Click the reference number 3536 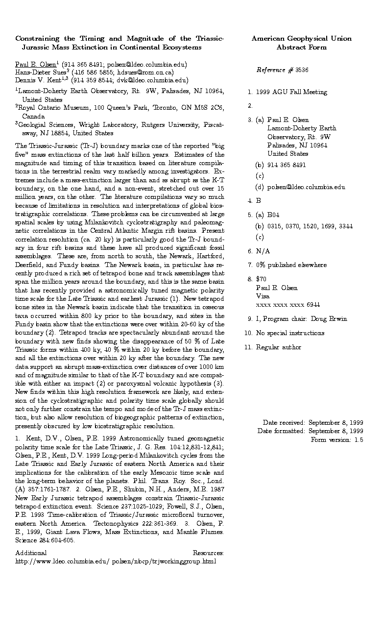tap(302, 70)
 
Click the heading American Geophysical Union tap(301, 39)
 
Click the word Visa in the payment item tap(263, 296)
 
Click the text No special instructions tap(290, 333)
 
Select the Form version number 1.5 tap(359, 440)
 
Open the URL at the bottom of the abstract tap(116, 561)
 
